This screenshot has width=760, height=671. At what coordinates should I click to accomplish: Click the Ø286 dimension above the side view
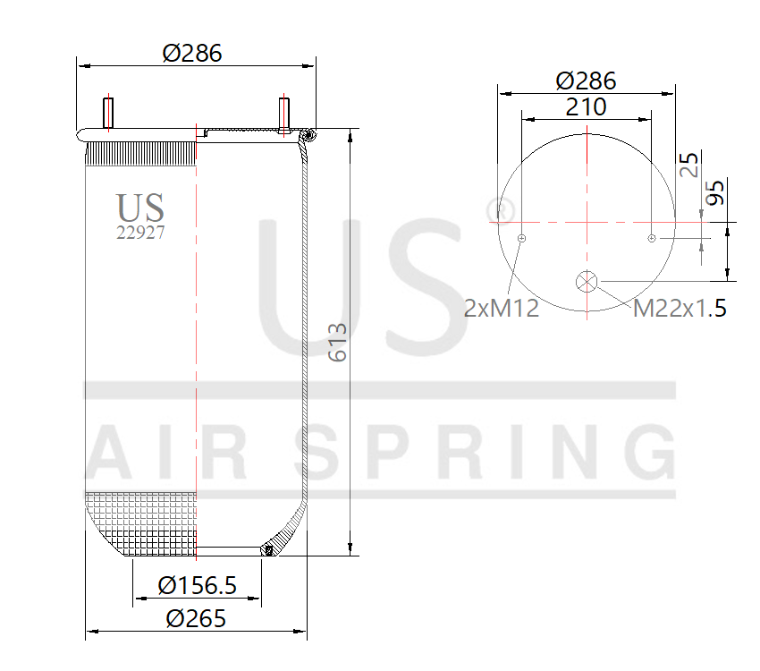192,53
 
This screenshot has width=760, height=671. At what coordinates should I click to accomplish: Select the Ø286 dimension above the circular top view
586,81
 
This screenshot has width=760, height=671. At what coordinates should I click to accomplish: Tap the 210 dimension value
586,107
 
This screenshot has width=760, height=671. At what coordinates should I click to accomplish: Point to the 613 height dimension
338,342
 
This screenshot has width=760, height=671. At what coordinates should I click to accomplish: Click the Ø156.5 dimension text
198,586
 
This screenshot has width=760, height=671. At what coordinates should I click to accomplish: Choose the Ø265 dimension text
196,618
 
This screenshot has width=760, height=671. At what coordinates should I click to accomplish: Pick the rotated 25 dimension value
689,165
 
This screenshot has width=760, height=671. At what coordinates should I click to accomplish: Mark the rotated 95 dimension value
715,193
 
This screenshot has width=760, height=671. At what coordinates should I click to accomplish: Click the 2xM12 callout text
502,309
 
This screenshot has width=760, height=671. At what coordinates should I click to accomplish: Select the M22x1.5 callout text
680,309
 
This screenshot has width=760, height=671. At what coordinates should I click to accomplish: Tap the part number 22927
140,232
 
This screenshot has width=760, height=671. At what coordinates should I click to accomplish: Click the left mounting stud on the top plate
109,113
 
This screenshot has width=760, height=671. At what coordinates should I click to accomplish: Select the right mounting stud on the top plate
283,113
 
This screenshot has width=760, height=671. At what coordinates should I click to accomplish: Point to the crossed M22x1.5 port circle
587,281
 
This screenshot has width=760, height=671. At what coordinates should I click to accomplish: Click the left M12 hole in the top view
521,238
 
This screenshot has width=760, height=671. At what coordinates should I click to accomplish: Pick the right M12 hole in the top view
652,238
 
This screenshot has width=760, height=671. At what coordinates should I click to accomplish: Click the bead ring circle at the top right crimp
308,135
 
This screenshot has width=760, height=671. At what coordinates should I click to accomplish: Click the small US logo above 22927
140,208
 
